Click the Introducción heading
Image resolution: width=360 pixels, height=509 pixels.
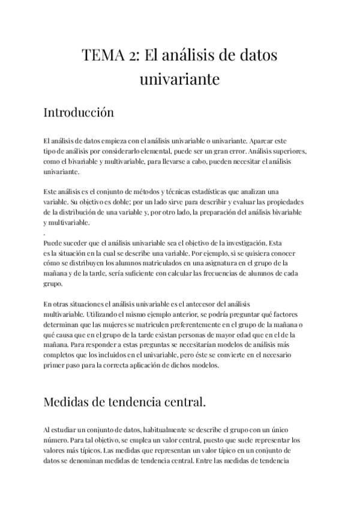pyautogui.click(x=79, y=112)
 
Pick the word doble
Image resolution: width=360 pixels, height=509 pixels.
pyautogui.click(x=122, y=202)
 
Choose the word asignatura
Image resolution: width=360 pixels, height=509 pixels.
pyautogui.click(x=204, y=263)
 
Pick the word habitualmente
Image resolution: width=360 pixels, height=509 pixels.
pyautogui.click(x=170, y=430)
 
